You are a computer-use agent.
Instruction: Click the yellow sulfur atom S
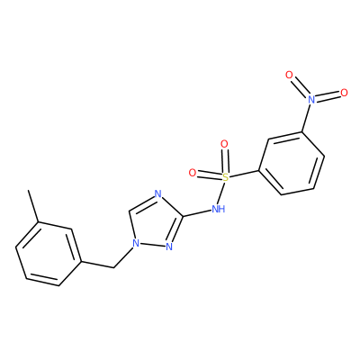(x=225, y=177)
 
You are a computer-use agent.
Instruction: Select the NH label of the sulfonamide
(x=218, y=209)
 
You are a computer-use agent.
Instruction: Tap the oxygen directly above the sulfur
(x=224, y=144)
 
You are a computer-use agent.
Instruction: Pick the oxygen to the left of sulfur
(x=193, y=173)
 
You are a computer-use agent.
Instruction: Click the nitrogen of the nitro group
(x=311, y=99)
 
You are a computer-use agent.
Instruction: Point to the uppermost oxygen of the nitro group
(x=289, y=75)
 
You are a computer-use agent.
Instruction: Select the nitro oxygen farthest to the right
(x=344, y=93)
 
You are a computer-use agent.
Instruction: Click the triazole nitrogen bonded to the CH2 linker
(x=136, y=243)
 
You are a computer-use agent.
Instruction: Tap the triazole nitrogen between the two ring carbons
(x=158, y=194)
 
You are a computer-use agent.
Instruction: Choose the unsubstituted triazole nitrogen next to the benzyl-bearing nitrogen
(x=169, y=247)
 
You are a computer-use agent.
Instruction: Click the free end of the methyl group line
(x=28, y=190)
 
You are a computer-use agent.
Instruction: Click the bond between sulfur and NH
(x=221, y=193)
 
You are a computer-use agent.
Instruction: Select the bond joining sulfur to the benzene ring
(x=243, y=175)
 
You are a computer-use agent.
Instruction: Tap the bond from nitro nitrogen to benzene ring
(x=307, y=118)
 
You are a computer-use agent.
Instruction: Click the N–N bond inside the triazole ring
(x=153, y=245)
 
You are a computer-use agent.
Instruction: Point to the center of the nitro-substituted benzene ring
(x=292, y=164)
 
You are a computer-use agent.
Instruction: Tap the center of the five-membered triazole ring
(x=155, y=223)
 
